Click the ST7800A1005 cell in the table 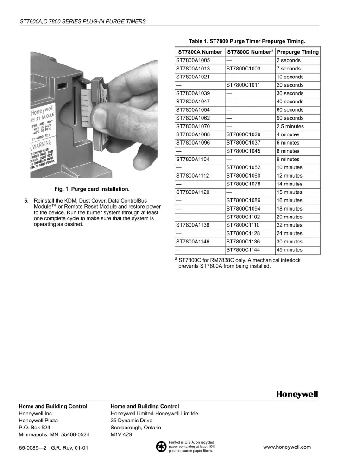193,60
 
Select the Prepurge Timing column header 297,52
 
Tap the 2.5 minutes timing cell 290,126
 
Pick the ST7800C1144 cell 243,250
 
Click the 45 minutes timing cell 290,250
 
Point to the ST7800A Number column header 200,52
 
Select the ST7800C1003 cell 243,69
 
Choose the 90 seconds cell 290,118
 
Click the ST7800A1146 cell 193,242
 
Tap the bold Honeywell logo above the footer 297,395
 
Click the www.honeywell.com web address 287,447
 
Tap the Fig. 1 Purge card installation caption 92,189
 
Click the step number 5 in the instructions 26,200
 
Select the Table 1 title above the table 247,41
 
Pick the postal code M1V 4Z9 122,435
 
